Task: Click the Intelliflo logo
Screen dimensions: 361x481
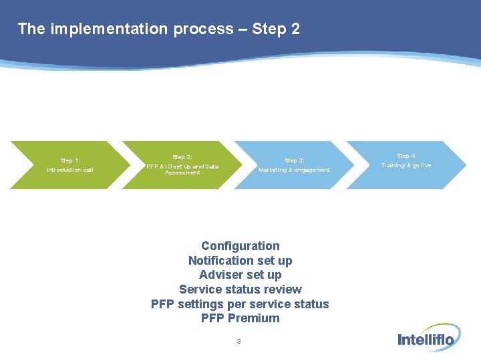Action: click(426, 339)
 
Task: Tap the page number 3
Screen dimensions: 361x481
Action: click(238, 342)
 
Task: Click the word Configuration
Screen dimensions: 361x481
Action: click(240, 246)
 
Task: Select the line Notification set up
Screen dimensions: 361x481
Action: click(240, 261)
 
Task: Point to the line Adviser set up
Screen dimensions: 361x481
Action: click(240, 275)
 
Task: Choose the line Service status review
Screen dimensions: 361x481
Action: click(240, 289)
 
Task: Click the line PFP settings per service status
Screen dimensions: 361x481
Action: click(240, 304)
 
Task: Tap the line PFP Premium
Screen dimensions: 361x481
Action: click(240, 318)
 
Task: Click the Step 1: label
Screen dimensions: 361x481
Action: click(70, 160)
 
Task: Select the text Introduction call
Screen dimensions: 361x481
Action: click(70, 170)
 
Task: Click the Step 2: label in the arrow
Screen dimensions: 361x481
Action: click(182, 157)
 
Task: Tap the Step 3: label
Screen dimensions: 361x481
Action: click(295, 160)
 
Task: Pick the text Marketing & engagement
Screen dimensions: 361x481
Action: click(295, 170)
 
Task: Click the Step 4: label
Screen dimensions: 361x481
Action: click(407, 156)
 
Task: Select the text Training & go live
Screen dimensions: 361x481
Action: click(407, 165)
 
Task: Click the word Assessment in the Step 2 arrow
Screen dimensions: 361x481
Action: click(182, 172)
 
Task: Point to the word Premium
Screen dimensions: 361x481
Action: click(254, 318)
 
